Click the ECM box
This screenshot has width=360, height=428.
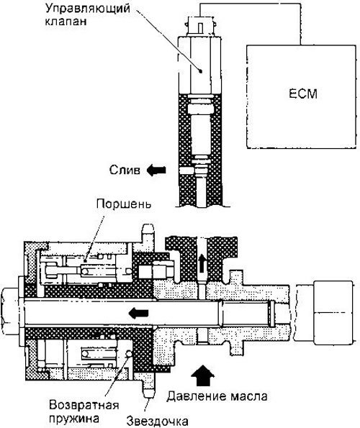point(301,96)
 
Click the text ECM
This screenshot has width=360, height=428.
point(303,94)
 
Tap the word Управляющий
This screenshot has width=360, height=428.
point(87,9)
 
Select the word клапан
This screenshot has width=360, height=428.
point(66,22)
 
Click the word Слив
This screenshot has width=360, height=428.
point(125,170)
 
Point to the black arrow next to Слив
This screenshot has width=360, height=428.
point(156,170)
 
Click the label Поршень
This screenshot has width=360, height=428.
point(124,204)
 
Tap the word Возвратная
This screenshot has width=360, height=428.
point(84,405)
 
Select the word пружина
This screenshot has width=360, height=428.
point(73,418)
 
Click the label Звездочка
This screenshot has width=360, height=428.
point(158,422)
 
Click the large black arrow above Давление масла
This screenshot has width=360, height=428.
point(202,375)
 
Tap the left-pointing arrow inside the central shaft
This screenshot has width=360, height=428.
point(138,313)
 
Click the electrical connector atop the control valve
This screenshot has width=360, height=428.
point(201,26)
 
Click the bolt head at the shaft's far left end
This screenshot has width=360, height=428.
point(9,311)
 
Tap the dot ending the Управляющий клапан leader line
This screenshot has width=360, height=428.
point(201,71)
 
